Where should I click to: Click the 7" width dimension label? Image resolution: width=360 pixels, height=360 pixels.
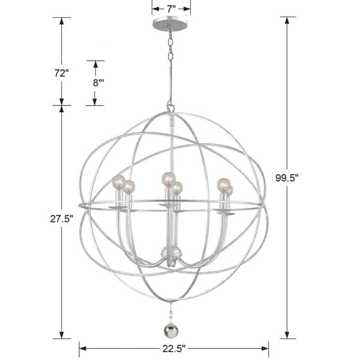pos(171,8)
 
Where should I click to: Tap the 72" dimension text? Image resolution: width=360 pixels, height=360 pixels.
pos(61,73)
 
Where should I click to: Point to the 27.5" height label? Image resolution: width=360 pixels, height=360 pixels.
pos(61,219)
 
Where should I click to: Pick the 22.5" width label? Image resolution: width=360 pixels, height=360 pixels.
pos(173,348)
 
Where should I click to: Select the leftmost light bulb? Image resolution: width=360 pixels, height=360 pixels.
pos(118,182)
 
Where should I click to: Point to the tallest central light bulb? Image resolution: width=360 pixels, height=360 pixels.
pos(167,178)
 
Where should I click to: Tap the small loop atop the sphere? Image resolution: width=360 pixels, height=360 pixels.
pos(171,109)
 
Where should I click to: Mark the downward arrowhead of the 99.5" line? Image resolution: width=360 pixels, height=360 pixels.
pos(287,335)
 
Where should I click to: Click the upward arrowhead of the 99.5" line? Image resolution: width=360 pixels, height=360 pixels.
pos(287,20)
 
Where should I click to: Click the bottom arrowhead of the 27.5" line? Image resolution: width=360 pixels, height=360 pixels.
pos(61,335)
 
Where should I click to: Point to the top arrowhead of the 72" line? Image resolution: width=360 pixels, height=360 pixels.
pos(61,20)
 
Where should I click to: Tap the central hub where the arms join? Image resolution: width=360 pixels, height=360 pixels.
pos(171,252)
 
